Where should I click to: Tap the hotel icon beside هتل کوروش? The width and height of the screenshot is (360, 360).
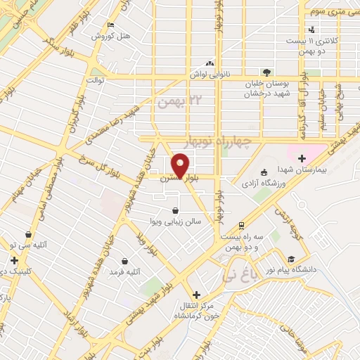tap(110, 26)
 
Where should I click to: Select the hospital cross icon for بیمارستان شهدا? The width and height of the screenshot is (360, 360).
tap(302, 160)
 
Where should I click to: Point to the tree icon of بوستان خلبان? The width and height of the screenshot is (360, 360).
tap(266, 72)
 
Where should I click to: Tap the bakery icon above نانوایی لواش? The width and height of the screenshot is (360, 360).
tap(210, 61)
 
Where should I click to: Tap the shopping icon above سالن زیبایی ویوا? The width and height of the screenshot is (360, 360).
tap(175, 210)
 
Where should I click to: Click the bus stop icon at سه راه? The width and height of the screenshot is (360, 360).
tap(242, 226)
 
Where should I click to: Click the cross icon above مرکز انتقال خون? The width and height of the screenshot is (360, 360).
tap(196, 294)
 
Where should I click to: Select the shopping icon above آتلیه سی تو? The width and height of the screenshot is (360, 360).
tap(28, 234)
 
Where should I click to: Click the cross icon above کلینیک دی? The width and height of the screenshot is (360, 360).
tap(14, 260)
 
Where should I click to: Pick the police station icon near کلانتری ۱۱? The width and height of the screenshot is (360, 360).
tap(311, 30)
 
